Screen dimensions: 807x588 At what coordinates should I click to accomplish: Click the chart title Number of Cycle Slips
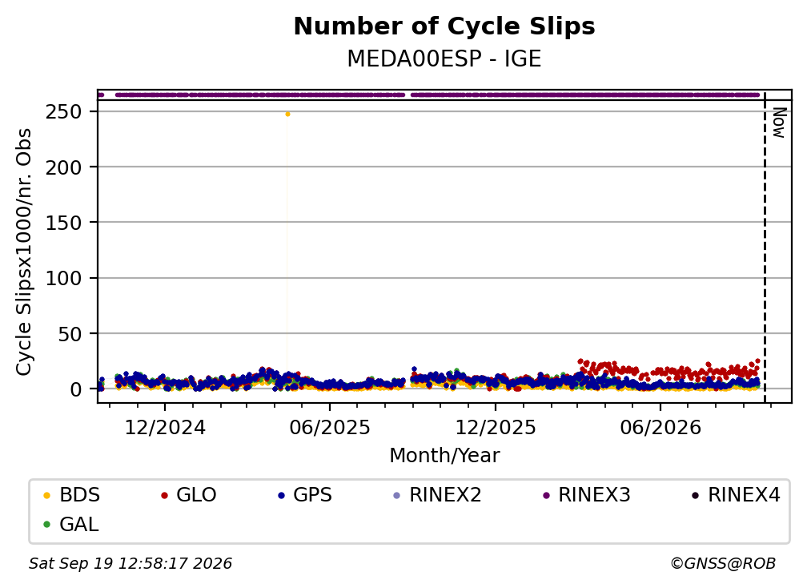[x=444, y=26]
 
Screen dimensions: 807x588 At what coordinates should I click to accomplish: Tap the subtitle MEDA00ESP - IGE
[x=444, y=59]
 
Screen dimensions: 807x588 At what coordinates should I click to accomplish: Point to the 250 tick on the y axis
[x=64, y=111]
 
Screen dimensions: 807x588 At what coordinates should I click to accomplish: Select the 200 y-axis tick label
[x=64, y=167]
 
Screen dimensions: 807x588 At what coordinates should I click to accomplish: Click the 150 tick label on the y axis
[x=64, y=223]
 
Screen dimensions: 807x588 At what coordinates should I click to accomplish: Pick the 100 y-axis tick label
[x=64, y=278]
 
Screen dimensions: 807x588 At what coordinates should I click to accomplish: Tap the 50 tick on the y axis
[x=70, y=333]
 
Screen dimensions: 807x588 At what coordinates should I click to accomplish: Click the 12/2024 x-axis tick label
[x=165, y=427]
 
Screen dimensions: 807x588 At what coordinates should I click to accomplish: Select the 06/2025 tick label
[x=330, y=427]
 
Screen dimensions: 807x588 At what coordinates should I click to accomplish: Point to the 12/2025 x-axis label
[x=496, y=427]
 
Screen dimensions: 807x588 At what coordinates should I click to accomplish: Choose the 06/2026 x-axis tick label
[x=660, y=427]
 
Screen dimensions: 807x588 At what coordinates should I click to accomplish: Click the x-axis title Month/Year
[x=444, y=456]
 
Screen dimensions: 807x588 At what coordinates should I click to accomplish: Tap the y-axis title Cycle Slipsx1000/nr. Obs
[x=24, y=252]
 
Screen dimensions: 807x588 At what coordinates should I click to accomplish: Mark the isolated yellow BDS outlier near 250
[x=287, y=115]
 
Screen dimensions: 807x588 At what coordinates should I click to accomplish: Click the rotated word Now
[x=779, y=123]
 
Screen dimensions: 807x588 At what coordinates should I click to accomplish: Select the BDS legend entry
[x=72, y=495]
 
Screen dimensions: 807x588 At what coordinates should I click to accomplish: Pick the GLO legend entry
[x=189, y=495]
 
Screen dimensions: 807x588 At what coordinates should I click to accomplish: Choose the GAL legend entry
[x=71, y=525]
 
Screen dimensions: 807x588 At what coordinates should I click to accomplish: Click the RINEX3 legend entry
[x=587, y=495]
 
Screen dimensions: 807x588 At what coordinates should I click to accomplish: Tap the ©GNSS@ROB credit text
[x=723, y=564]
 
